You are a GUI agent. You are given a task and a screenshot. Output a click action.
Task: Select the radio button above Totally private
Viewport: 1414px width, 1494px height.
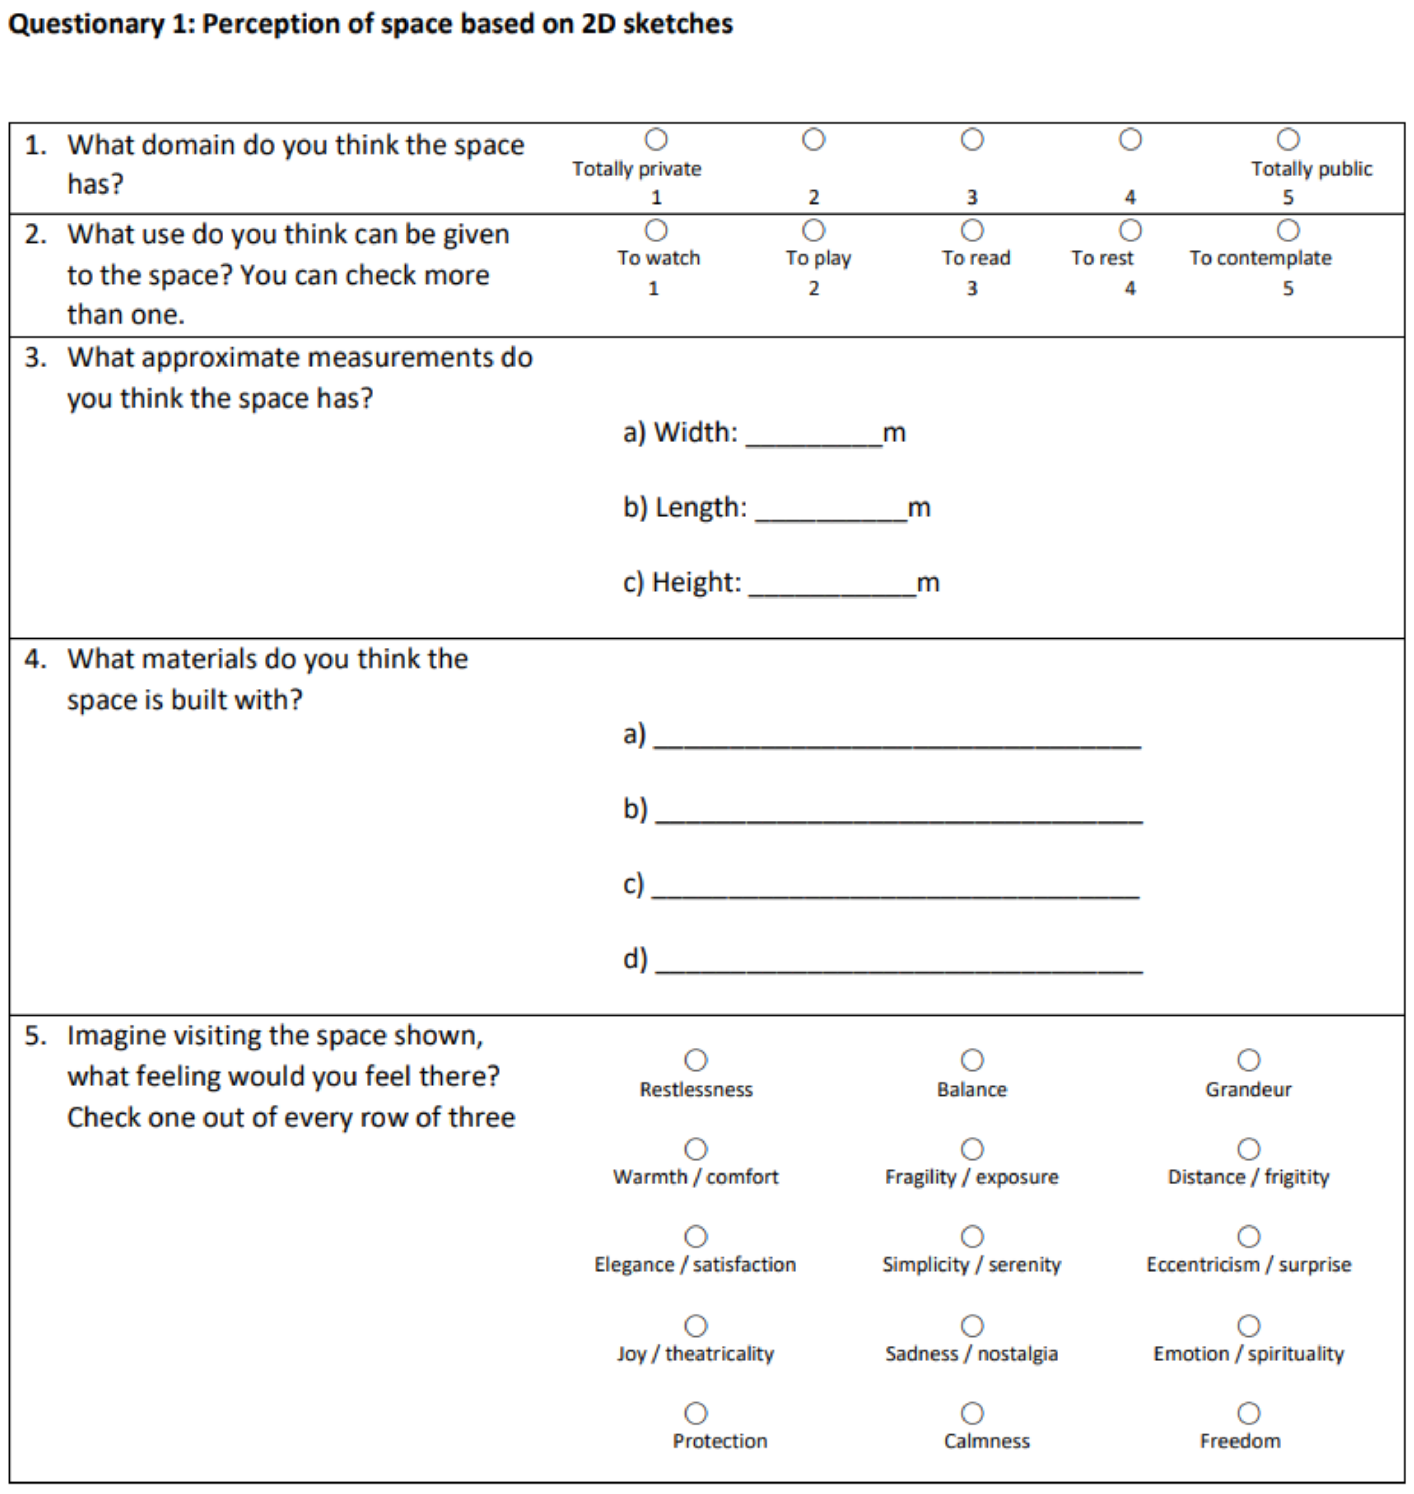656,140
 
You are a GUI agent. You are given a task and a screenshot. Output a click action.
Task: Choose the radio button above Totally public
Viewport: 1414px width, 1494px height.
1288,140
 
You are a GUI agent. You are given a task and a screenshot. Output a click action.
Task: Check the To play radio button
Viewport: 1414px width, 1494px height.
813,230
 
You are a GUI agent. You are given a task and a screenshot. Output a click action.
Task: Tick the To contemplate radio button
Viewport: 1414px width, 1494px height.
1288,230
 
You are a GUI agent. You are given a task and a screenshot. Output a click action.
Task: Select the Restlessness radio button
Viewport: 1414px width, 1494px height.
695,1060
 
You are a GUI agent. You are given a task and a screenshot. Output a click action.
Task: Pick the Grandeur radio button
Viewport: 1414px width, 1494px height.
1248,1060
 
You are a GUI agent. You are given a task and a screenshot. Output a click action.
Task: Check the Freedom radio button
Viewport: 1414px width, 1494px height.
1248,1413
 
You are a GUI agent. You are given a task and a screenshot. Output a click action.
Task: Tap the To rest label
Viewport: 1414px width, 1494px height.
1102,259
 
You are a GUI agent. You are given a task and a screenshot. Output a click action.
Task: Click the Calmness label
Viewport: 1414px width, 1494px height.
986,1441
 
